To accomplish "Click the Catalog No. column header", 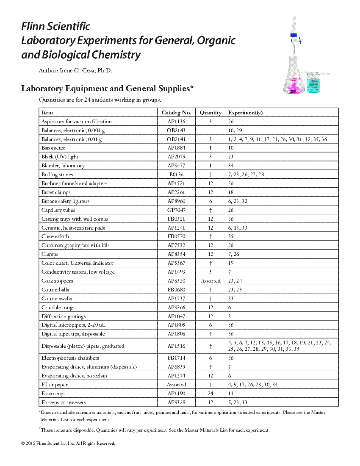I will point(176,113).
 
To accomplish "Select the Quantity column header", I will point(210,113).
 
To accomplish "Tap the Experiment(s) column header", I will point(245,113).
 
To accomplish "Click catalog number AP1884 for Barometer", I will point(176,148).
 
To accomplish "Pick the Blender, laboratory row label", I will point(63,166).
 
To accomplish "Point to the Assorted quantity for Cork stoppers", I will point(210,281).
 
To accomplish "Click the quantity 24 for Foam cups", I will point(210,394).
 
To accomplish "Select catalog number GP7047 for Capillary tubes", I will point(176,210).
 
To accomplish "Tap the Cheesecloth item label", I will point(55,236).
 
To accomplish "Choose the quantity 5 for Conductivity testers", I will point(210,272).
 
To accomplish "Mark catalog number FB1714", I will point(176,358).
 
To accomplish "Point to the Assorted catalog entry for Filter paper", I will point(176,385).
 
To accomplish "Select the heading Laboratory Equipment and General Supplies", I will point(107,89).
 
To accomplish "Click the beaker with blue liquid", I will point(314,83).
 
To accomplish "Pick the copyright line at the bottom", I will point(68,444).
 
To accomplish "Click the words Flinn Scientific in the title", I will point(56,27).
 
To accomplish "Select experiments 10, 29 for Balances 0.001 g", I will point(235,130).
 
